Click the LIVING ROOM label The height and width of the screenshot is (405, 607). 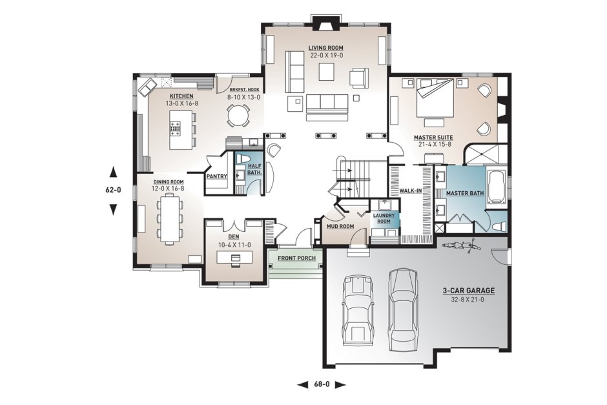coord(325,48)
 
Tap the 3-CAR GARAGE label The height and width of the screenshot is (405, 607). coord(468,291)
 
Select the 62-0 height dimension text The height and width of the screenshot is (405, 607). coord(113,190)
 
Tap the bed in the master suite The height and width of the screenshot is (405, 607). coord(435,97)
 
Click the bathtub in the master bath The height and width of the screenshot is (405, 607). coord(497,187)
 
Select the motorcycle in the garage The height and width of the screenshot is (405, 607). coord(461,245)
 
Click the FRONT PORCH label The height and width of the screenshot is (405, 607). coord(296,258)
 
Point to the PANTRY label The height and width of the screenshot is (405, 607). coord(217,176)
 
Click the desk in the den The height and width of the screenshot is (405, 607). coord(234,257)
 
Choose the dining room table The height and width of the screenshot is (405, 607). coord(169,218)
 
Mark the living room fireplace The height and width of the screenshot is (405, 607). coord(326,22)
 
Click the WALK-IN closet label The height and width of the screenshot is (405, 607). coord(411,191)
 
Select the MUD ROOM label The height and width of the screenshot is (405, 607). coord(340,227)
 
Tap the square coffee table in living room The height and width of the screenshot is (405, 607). coord(326,72)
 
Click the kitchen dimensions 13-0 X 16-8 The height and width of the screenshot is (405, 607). coord(181,103)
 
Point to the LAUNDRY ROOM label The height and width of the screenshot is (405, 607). coord(384,218)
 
